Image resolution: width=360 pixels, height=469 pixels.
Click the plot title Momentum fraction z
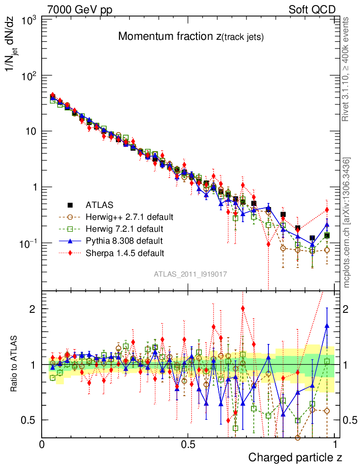[191, 37]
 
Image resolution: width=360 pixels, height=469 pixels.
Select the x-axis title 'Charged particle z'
[295, 457]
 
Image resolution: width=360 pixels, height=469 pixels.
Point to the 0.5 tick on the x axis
[188, 444]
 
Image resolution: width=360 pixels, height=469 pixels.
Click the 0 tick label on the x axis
[42, 444]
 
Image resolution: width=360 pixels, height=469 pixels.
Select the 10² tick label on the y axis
[28, 75]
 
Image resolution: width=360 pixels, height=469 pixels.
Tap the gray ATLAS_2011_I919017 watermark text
[191, 274]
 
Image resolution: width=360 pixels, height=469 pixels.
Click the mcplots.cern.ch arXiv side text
[347, 223]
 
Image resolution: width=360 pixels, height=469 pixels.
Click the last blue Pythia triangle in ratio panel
[327, 326]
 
